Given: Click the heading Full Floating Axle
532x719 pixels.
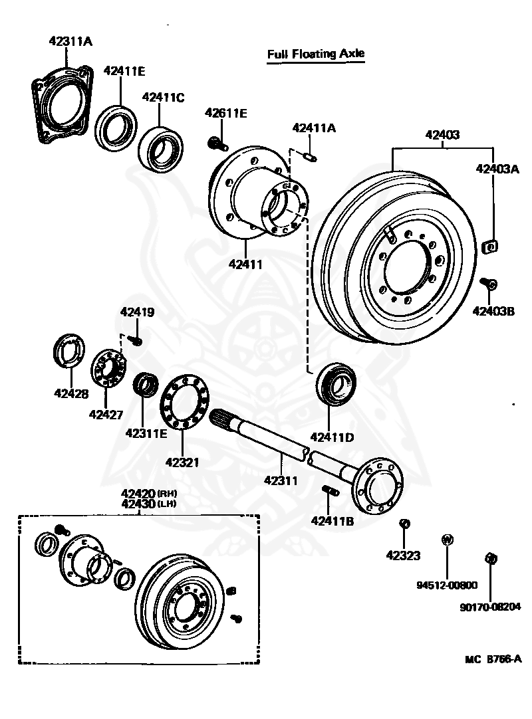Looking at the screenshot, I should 316,54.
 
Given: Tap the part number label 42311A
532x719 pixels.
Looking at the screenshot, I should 70,41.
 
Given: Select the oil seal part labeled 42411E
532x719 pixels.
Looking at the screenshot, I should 116,126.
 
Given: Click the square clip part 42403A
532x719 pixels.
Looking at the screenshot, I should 490,247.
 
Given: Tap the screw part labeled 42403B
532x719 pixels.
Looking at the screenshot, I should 489,284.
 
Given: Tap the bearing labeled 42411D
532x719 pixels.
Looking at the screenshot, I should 335,385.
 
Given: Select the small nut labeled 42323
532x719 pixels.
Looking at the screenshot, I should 402,524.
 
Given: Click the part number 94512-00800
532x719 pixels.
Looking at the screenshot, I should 447,585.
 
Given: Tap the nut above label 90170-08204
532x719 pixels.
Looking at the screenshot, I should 490,558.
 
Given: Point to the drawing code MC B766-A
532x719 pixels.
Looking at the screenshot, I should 493,660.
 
